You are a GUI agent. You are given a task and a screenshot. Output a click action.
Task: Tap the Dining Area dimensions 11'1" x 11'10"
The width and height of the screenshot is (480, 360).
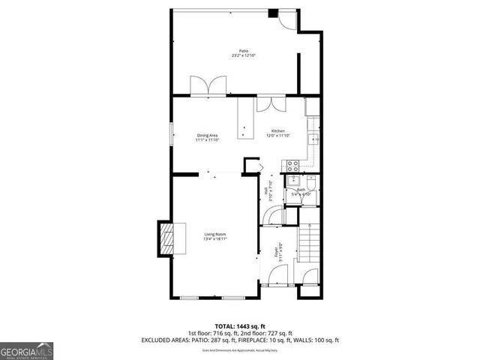point(207,139)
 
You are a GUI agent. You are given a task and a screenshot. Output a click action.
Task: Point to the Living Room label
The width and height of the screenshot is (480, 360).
point(215,235)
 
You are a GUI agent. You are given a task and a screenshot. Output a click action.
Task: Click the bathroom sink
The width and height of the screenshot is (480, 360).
point(293,181)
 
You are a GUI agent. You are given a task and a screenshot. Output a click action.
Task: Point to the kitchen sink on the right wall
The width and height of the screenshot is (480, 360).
point(316,138)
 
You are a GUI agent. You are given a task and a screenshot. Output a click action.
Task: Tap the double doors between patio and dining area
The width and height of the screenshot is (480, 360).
point(206,85)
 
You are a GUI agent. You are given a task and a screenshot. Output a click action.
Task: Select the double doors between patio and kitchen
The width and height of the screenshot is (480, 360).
point(268,103)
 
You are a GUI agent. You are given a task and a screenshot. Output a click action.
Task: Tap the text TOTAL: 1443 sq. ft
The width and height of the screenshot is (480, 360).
point(239,325)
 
